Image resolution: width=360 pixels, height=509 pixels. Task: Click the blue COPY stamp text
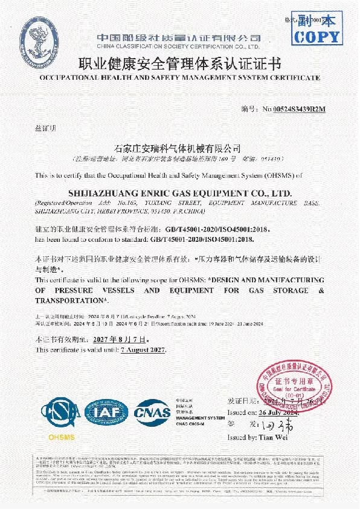tap(317, 37)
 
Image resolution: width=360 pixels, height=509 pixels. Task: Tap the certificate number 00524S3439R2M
tap(294, 109)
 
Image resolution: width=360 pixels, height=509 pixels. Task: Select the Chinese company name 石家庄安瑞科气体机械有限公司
tap(177, 148)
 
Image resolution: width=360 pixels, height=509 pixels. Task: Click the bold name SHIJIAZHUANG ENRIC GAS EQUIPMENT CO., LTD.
tap(180, 193)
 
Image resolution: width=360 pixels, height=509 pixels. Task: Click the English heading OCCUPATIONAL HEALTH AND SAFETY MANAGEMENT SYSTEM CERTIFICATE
tap(180, 79)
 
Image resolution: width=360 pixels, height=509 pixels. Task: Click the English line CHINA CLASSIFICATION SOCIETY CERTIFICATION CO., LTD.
tap(179, 46)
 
